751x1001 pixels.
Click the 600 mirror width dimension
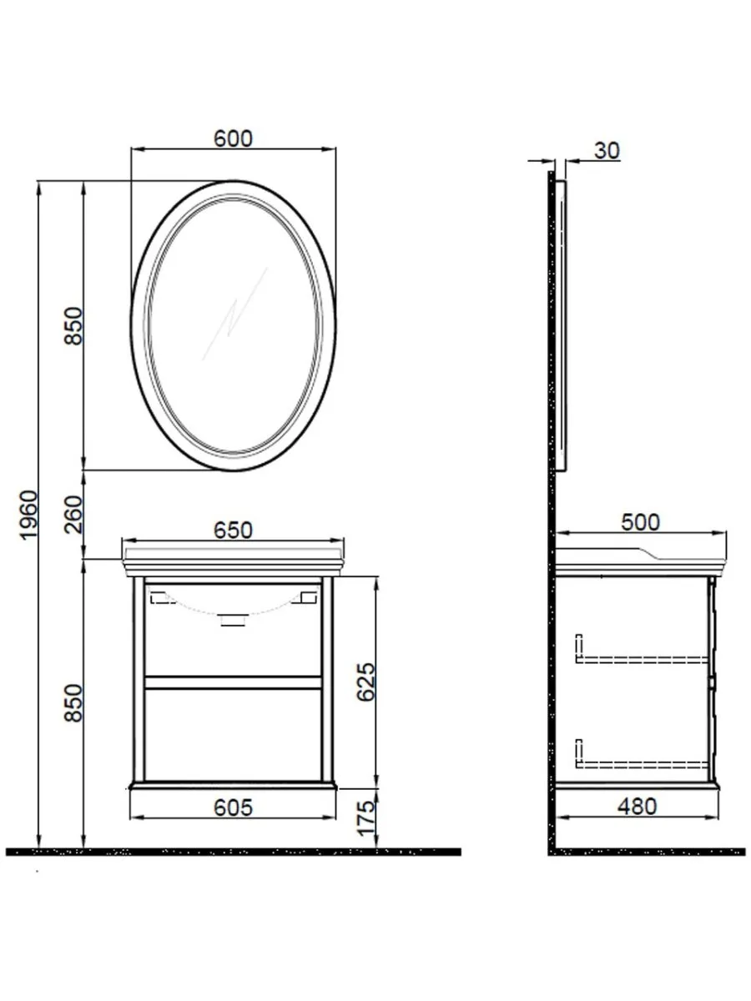point(233,139)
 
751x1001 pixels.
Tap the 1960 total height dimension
point(28,515)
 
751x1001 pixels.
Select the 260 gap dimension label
point(73,515)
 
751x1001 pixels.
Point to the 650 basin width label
point(233,531)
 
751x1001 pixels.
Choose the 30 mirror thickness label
point(607,151)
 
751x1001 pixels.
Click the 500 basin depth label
point(640,523)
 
